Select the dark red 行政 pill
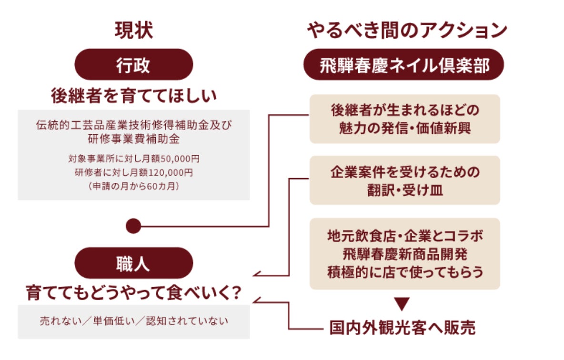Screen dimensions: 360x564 pos(134,65)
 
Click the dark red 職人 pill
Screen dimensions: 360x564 pos(134,263)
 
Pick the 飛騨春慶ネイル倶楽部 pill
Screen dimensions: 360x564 pos(404,65)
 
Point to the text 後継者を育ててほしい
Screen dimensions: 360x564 pos(134,96)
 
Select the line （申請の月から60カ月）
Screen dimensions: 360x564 pos(134,186)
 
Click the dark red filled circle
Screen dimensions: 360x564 pos(134,226)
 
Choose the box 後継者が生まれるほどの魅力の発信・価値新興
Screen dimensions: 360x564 pos(404,119)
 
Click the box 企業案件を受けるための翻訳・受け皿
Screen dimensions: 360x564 pos(404,180)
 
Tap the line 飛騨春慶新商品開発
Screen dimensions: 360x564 pos(405,254)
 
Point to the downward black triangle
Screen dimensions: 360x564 pos(403,304)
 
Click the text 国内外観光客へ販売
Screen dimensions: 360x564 pos(403,328)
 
